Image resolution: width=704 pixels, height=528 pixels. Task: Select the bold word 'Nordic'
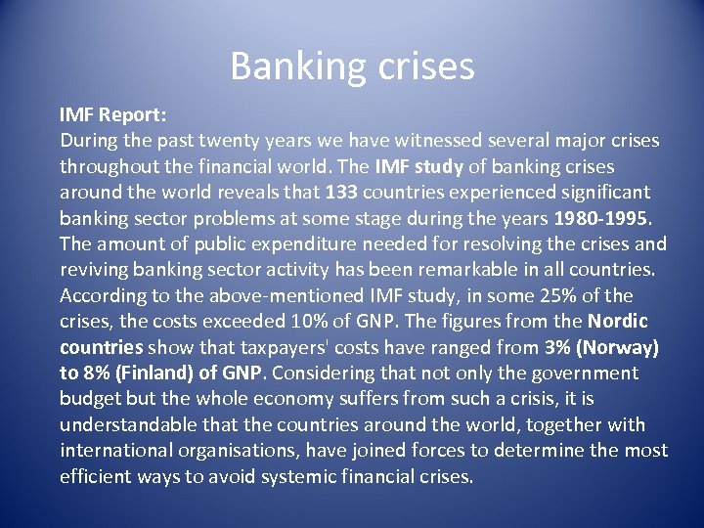618,321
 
